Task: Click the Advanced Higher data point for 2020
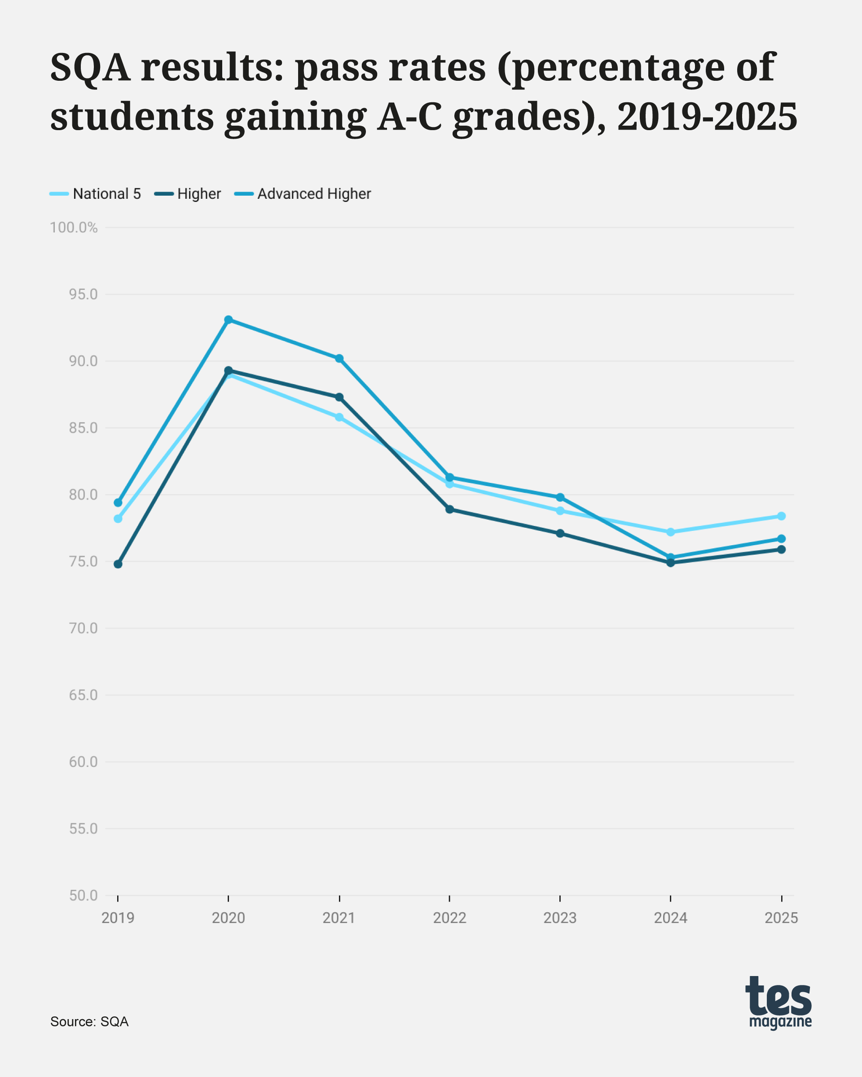pos(229,320)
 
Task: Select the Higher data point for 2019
pos(118,564)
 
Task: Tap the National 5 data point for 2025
pos(781,516)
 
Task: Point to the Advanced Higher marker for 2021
pos(339,359)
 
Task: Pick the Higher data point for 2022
pos(450,509)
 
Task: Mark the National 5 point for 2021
pos(339,417)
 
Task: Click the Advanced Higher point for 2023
pos(560,498)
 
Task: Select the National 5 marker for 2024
pos(671,532)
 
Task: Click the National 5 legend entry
pos(96,194)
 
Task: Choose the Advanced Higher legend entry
pos(303,194)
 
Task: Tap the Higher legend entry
pos(188,194)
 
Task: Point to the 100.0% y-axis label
pos(74,228)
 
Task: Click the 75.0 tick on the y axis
pos(83,561)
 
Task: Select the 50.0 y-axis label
pos(83,896)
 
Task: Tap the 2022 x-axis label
pos(450,918)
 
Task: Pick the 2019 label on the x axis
pos(118,918)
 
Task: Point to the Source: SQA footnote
pos(89,1021)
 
